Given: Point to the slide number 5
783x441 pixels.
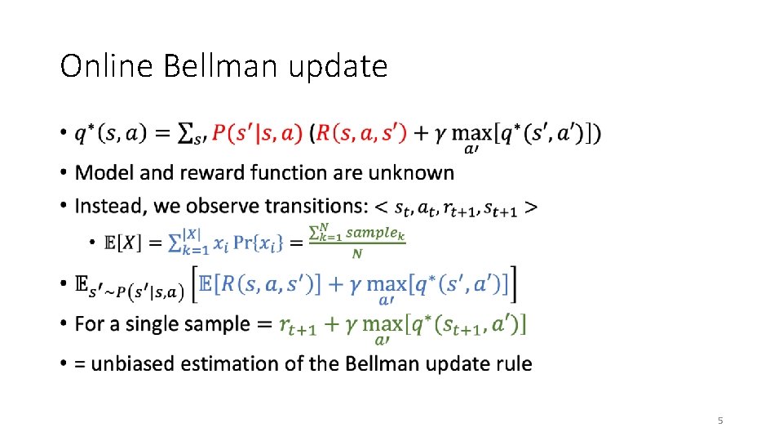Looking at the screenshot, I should (720, 421).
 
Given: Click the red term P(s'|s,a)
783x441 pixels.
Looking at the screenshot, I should (257, 134).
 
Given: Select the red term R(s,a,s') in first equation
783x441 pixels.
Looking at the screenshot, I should (360, 134).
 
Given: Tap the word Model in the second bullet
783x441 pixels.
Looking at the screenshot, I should (101, 173).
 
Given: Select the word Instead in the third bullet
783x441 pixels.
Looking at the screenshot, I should (105, 207).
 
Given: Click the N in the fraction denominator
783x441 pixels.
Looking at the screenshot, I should (356, 254).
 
